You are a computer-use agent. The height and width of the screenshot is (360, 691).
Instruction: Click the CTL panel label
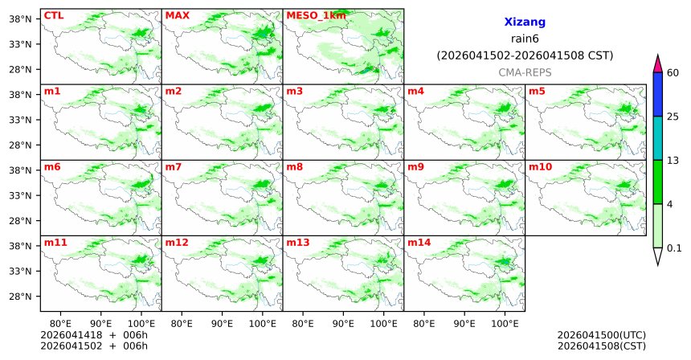(53, 15)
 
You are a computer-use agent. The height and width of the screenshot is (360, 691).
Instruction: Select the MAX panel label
(177, 15)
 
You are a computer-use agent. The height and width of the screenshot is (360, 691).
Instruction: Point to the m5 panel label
(536, 91)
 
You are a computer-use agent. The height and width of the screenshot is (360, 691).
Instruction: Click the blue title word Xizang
(525, 23)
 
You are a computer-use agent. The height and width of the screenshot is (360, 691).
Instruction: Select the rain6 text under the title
(525, 39)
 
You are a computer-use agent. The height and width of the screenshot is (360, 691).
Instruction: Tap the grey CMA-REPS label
(525, 72)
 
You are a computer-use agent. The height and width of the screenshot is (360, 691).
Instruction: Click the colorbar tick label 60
(674, 73)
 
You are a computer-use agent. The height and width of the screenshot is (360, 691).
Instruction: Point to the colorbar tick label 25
(674, 117)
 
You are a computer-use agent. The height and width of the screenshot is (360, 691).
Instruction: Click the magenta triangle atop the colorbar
(658, 63)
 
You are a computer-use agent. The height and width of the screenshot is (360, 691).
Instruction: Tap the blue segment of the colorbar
(658, 95)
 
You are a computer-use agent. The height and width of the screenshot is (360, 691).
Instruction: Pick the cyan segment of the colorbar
(658, 138)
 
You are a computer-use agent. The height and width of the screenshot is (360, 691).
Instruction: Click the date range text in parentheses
(525, 55)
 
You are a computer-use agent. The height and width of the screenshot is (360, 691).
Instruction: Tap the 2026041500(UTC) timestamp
(601, 335)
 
